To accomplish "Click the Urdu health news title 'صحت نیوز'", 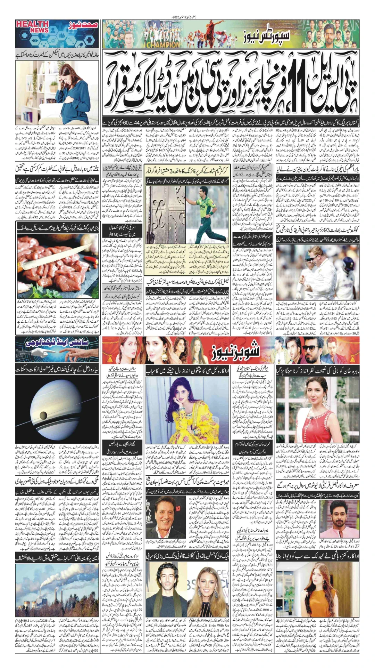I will coord(81,25).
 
